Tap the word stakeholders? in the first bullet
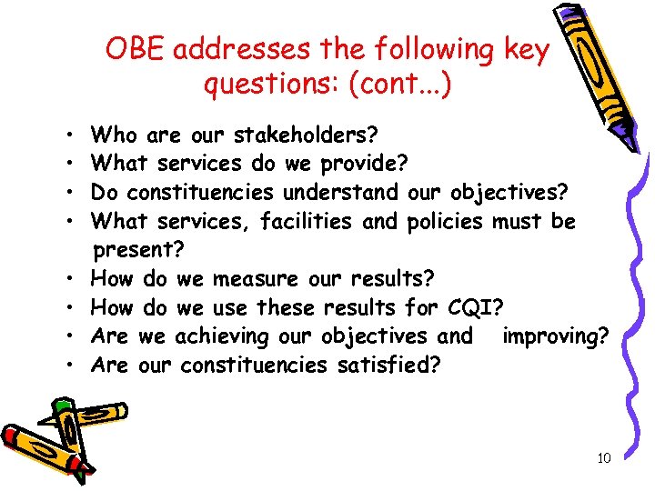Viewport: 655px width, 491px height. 306,136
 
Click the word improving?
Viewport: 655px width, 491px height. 554,336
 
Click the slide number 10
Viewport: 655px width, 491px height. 603,458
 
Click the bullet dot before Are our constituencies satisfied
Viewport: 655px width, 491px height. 69,366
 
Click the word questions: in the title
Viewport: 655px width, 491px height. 265,85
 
